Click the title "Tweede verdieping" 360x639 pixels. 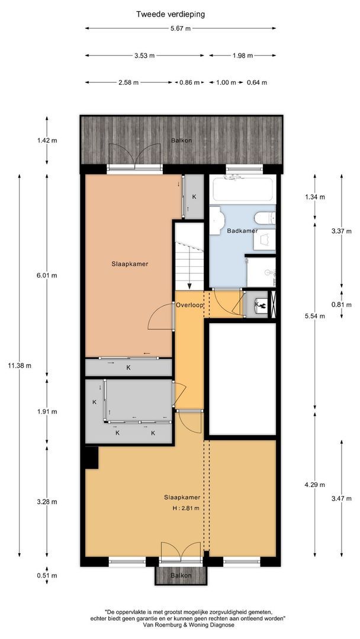click(171, 14)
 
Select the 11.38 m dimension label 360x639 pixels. click(20, 365)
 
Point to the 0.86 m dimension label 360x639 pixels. click(189, 83)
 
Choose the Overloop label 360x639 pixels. click(189, 305)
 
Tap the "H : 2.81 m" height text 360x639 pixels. click(185, 508)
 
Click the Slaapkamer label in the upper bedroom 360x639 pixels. click(130, 264)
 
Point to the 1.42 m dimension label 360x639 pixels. click(47, 140)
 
